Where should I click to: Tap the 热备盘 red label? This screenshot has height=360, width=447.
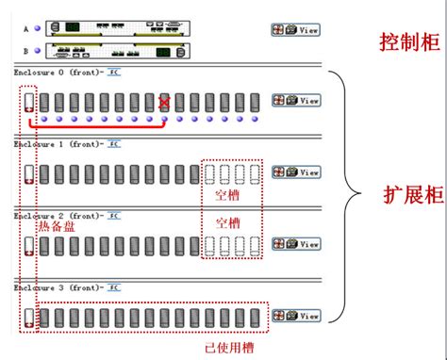tap(56, 227)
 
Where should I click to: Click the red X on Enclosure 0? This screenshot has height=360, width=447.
tap(165, 102)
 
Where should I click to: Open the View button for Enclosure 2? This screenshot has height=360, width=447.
tap(295, 243)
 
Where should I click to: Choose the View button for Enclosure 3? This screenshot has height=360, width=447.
tap(295, 316)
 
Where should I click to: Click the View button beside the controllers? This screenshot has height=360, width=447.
tap(295, 30)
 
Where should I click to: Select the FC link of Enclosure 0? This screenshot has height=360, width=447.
tap(113, 72)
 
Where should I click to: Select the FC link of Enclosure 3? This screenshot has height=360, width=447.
tap(113, 286)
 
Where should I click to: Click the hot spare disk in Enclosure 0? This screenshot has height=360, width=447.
tap(28, 102)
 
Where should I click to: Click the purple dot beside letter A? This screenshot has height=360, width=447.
tap(38, 29)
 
